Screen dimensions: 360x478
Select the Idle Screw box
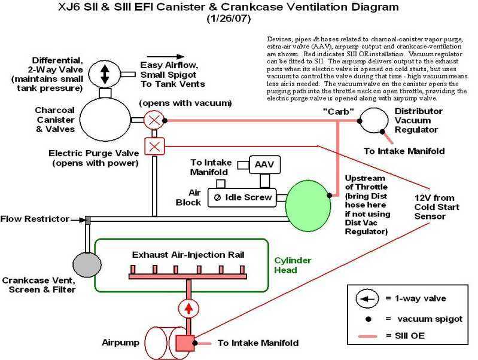(242, 197)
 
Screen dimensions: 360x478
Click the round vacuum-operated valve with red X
(154, 120)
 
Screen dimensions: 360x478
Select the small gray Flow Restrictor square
(87, 220)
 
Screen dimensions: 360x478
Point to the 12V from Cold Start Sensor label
(433, 206)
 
